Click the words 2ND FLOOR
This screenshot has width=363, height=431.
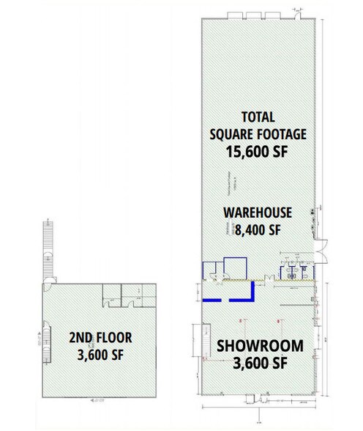coord(100,338)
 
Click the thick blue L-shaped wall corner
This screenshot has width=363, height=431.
coord(249,295)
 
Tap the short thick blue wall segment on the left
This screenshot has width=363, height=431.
coord(212,300)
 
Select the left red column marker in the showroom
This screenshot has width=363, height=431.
coord(241,320)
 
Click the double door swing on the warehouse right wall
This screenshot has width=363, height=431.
coord(321,239)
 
